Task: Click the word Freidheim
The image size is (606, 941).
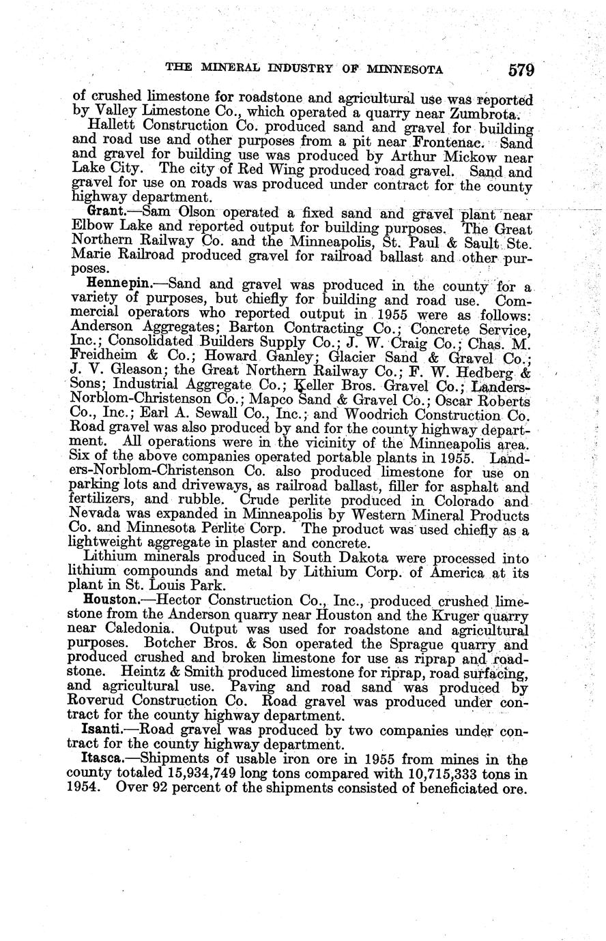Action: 101,357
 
